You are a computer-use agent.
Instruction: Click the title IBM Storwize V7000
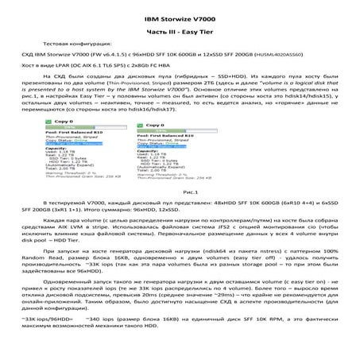[x=180, y=17]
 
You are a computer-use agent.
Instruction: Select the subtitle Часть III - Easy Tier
[x=180, y=29]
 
